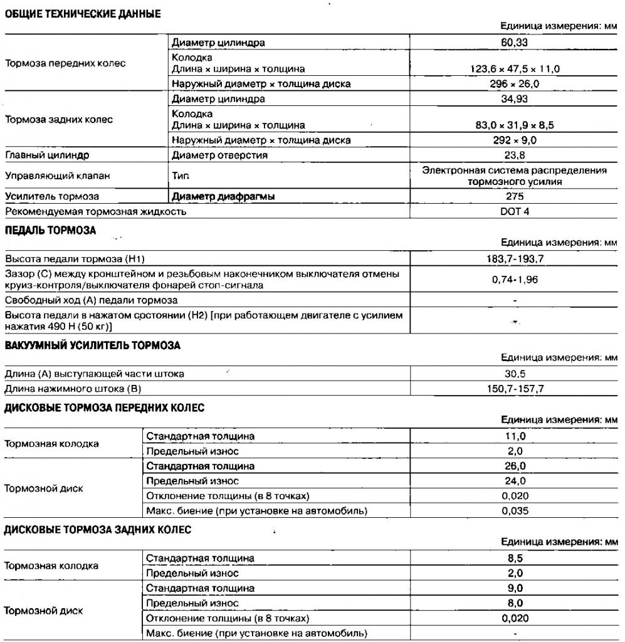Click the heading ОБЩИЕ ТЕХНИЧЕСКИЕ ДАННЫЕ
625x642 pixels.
[x=83, y=14]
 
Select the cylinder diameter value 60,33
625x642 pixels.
[x=514, y=43]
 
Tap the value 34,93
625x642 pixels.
[x=514, y=99]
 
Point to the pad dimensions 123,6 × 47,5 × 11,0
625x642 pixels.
[x=514, y=69]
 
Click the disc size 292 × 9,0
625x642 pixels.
[x=514, y=140]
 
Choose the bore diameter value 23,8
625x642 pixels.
[x=514, y=155]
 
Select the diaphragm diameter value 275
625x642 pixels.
[x=514, y=196]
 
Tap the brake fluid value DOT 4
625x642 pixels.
[x=514, y=211]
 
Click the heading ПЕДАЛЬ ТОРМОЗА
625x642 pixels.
[x=50, y=230]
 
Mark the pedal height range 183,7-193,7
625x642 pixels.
[x=514, y=259]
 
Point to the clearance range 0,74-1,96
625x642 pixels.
[x=514, y=280]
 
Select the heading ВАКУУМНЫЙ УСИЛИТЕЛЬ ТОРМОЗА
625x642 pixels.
[x=92, y=345]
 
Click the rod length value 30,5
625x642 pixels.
[x=514, y=374]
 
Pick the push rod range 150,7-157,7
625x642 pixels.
[x=514, y=389]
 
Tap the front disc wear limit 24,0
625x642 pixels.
[x=514, y=481]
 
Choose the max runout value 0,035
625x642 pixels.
[x=514, y=510]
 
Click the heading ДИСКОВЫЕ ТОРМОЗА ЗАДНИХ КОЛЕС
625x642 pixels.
[x=97, y=530]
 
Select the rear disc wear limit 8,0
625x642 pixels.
[x=514, y=603]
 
